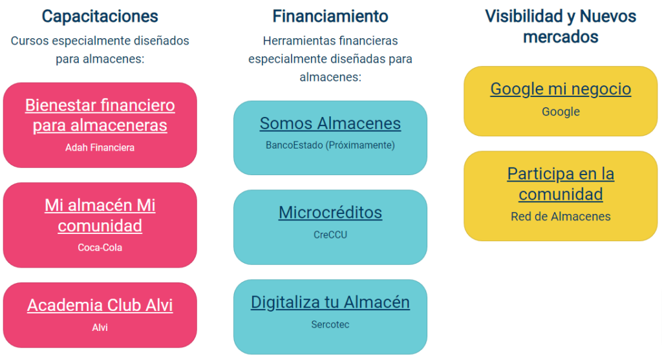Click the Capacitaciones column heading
point(100,16)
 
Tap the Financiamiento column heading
point(330,16)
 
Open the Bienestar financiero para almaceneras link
point(100,115)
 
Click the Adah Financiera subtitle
point(100,148)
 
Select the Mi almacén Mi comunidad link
point(100,215)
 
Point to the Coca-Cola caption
point(100,248)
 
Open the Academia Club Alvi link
point(100,305)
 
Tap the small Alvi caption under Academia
point(100,328)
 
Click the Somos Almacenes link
point(330,123)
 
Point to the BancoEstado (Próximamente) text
point(330,145)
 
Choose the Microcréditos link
point(330,213)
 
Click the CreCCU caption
point(330,235)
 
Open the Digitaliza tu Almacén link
point(330,302)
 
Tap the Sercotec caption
point(330,324)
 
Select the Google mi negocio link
point(561,89)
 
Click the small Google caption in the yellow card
point(561,112)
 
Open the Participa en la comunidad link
point(561,184)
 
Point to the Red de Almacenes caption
point(561,217)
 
